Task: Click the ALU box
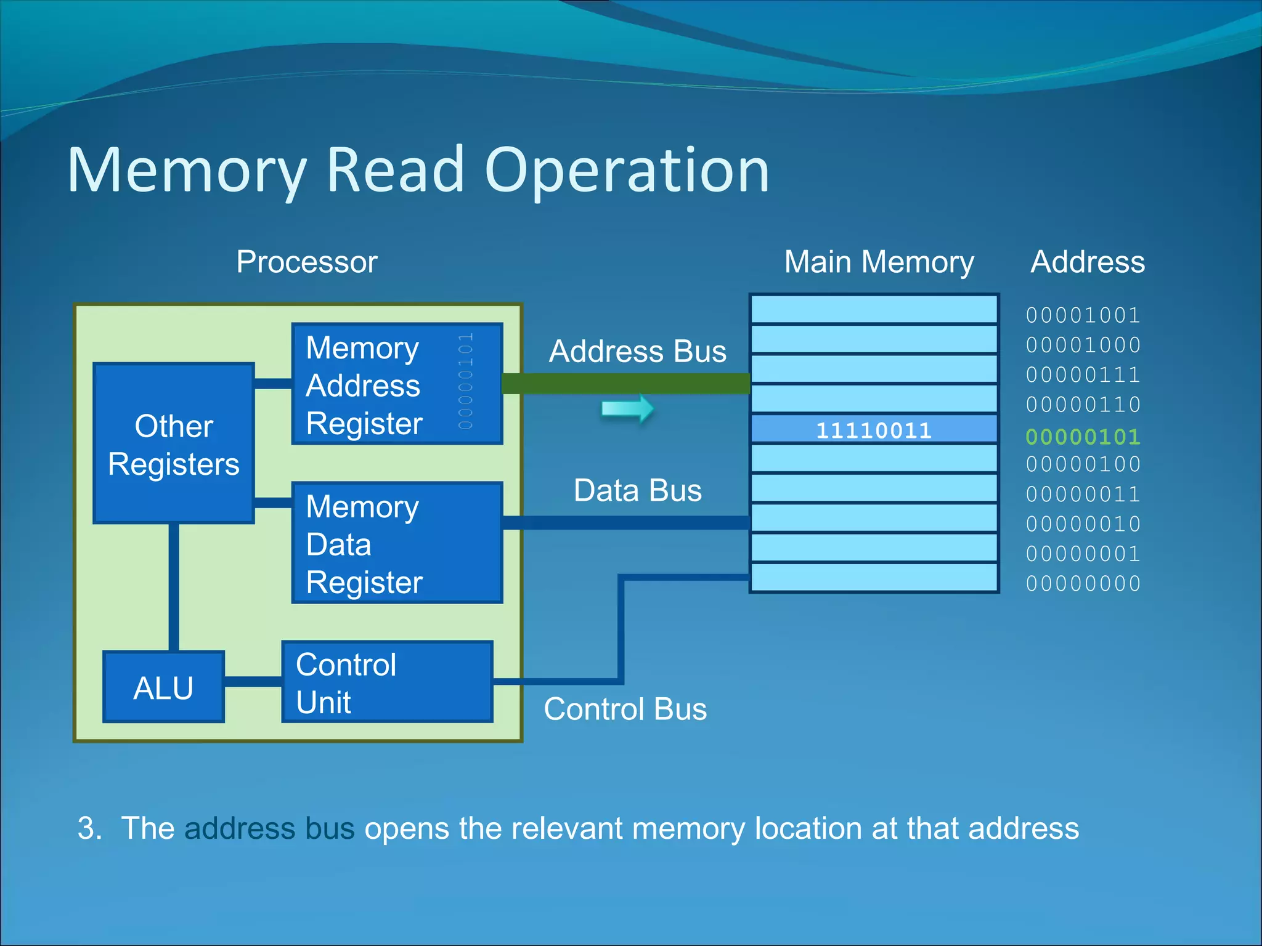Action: click(x=163, y=687)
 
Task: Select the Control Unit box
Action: click(x=387, y=682)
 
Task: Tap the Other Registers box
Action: click(x=174, y=443)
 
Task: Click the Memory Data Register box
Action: click(x=397, y=543)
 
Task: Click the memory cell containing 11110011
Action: click(x=874, y=429)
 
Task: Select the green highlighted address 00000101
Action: click(x=1083, y=437)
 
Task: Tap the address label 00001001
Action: click(x=1083, y=315)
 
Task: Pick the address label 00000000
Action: click(x=1083, y=583)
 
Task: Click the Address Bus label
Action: click(x=637, y=352)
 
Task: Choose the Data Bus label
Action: click(x=637, y=491)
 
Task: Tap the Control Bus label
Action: click(x=625, y=709)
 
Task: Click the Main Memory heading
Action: click(x=879, y=262)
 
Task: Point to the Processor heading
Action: click(x=306, y=262)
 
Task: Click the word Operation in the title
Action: click(x=627, y=171)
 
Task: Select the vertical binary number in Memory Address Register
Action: click(x=466, y=382)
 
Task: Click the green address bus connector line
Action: click(x=625, y=384)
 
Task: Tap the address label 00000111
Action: click(x=1083, y=374)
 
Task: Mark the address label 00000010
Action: click(x=1083, y=524)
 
